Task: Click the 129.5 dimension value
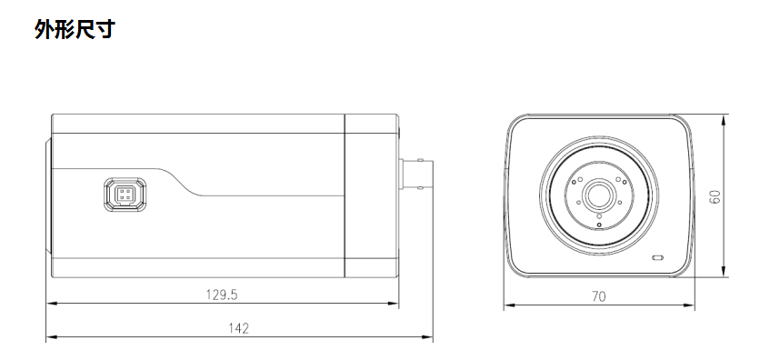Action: click(x=221, y=295)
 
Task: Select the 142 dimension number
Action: click(x=239, y=328)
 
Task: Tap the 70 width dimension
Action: click(x=598, y=295)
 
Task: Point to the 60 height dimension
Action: click(x=715, y=196)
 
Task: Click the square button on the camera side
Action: click(x=123, y=195)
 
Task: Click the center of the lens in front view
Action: click(x=598, y=195)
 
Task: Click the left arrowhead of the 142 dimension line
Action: click(x=51, y=338)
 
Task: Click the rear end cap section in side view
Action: click(x=370, y=195)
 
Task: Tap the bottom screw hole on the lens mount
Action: click(x=598, y=224)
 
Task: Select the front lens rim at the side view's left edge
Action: click(x=48, y=195)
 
